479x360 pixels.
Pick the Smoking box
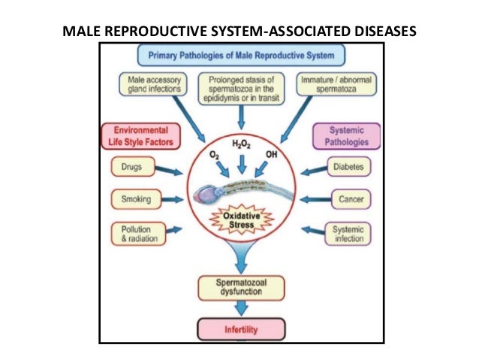point(133,199)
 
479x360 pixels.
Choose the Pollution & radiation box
point(133,233)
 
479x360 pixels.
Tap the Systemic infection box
point(349,234)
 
